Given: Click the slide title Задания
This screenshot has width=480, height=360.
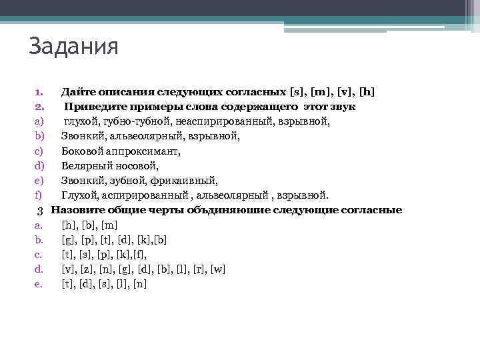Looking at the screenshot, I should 73,47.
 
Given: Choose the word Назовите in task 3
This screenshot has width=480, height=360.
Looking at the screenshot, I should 77,210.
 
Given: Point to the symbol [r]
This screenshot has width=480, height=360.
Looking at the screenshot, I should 198,269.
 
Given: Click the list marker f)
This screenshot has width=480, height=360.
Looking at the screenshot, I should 39,195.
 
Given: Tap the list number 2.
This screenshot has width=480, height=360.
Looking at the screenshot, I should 39,107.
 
